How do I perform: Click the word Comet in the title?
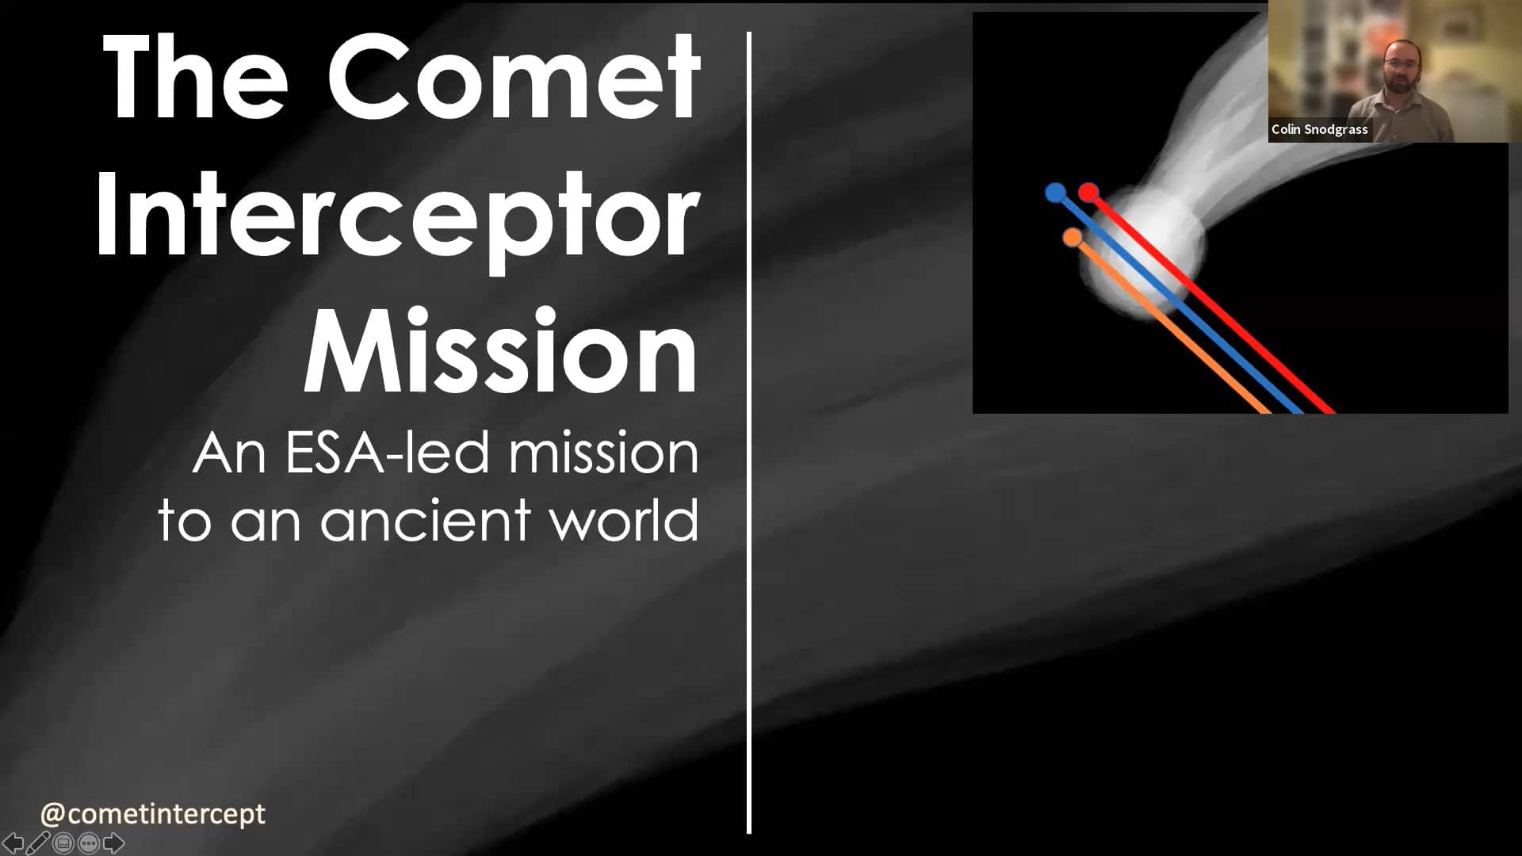click(514, 78)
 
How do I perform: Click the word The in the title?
click(195, 78)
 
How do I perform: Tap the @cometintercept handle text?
click(153, 813)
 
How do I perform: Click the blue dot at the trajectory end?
click(1055, 193)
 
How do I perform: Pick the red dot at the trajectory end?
click(1088, 192)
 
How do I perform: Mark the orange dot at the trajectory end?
click(1073, 237)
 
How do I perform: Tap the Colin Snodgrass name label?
click(1319, 129)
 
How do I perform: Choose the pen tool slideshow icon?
click(38, 843)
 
